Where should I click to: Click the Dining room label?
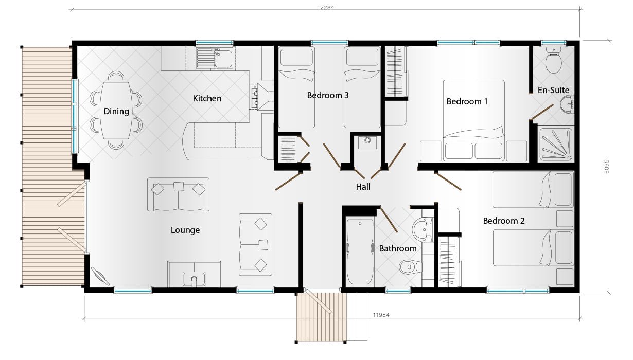click(x=116, y=111)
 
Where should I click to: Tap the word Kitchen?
click(x=207, y=98)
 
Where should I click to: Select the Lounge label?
click(x=185, y=230)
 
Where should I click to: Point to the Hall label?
click(x=363, y=187)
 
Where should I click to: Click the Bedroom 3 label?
click(x=328, y=95)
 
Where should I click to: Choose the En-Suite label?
click(x=553, y=90)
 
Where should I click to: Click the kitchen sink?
click(x=215, y=58)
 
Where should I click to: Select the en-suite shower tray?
click(x=556, y=144)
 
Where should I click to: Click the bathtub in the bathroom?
click(x=360, y=252)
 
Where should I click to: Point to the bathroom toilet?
click(x=410, y=267)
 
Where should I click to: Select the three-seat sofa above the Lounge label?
click(x=178, y=194)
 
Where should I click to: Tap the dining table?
click(x=116, y=111)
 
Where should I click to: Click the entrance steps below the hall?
click(x=320, y=316)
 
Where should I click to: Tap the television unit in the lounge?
click(x=194, y=275)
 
